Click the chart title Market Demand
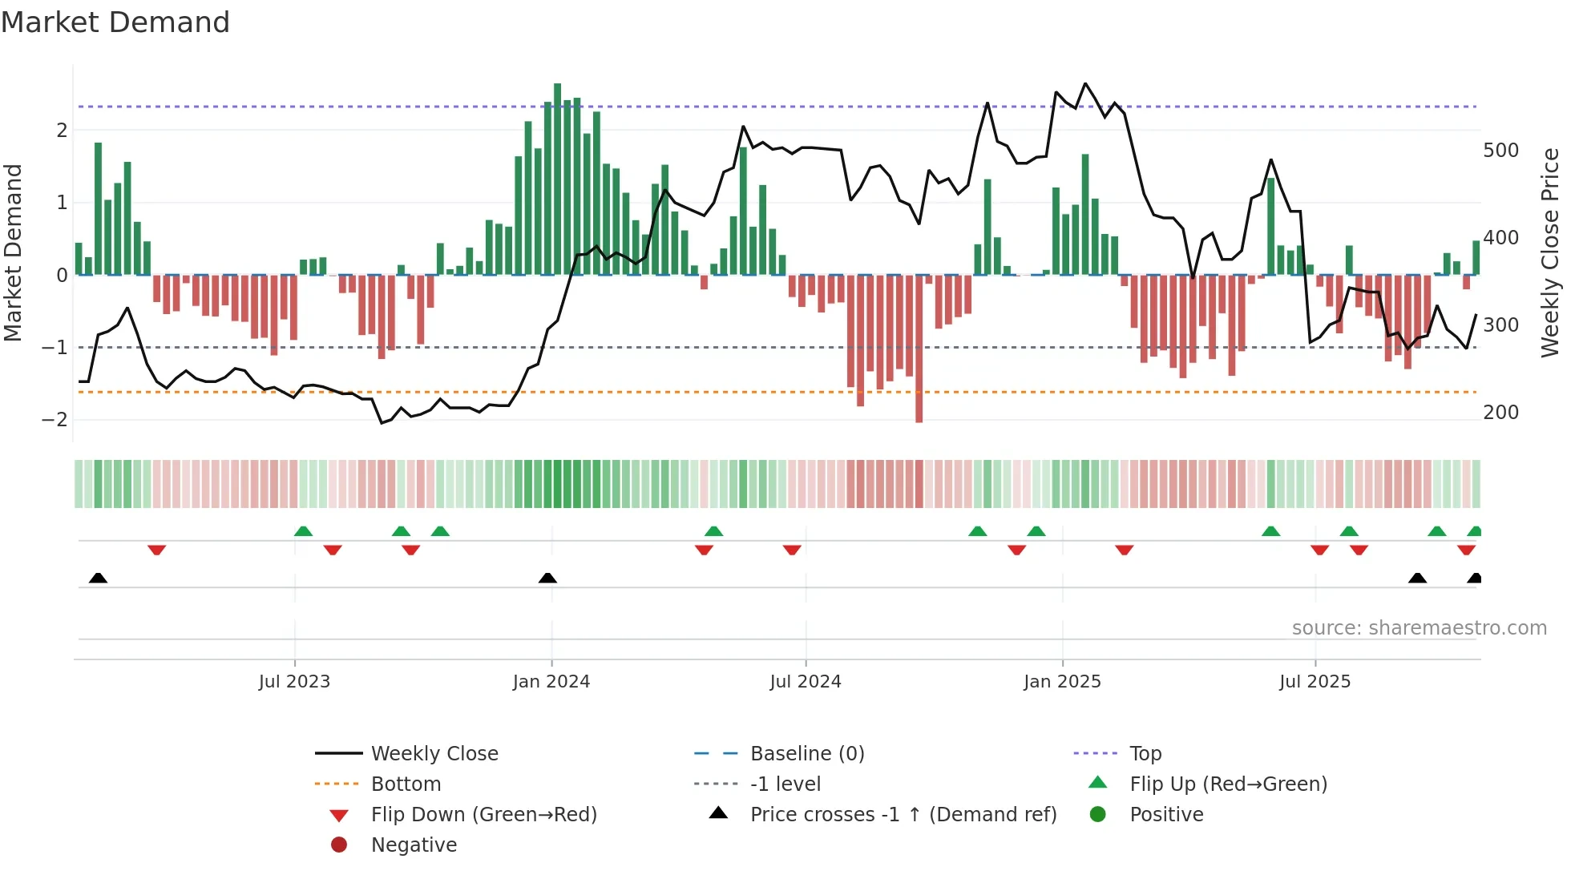(x=115, y=22)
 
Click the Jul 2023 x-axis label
(x=294, y=682)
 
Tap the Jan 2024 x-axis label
(x=551, y=682)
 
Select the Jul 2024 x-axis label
(x=806, y=682)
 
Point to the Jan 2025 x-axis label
(x=1062, y=682)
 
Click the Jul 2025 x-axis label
(x=1315, y=682)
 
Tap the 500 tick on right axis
(x=1500, y=151)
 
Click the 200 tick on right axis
(x=1500, y=413)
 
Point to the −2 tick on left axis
(x=55, y=420)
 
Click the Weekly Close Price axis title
(x=1550, y=252)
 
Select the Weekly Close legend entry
(x=434, y=754)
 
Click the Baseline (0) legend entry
(x=806, y=754)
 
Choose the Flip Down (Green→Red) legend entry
(x=483, y=815)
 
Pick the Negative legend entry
(x=414, y=845)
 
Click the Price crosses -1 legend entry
(x=903, y=815)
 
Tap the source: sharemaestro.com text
(x=1419, y=628)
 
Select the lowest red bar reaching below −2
(x=919, y=349)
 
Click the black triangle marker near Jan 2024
(x=547, y=578)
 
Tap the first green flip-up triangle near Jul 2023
(x=303, y=531)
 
